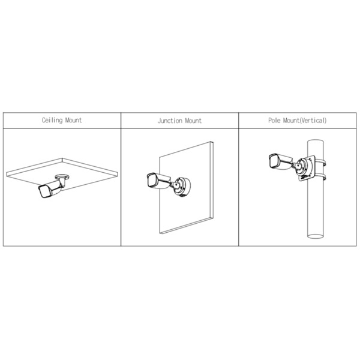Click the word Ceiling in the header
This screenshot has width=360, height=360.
click(x=52, y=120)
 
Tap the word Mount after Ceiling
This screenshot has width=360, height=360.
click(x=73, y=120)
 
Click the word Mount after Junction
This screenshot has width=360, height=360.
click(x=193, y=121)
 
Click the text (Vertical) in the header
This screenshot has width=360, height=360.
click(x=313, y=121)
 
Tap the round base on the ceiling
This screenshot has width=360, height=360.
click(x=62, y=176)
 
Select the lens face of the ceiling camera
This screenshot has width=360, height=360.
click(x=43, y=192)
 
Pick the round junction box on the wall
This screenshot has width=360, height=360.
click(x=182, y=187)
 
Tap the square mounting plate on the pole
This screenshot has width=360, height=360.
click(x=307, y=168)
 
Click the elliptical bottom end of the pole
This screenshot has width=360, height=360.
click(x=315, y=236)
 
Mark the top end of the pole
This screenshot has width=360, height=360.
click(x=315, y=141)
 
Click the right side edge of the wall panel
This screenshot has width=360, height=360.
click(x=212, y=178)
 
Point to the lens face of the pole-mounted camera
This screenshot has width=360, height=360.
click(x=274, y=160)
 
